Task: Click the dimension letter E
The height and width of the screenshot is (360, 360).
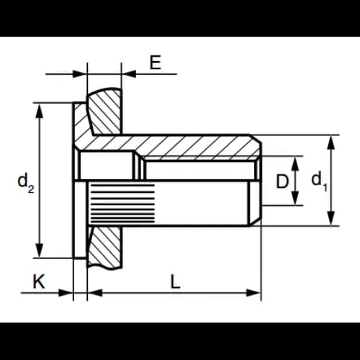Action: tap(156, 63)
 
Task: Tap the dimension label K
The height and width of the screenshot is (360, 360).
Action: tap(39, 282)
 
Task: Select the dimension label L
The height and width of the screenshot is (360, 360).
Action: tap(175, 282)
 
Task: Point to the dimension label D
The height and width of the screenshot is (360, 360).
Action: tap(282, 181)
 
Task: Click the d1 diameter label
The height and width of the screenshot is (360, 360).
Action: tap(320, 181)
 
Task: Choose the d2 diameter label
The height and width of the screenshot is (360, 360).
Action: tap(26, 183)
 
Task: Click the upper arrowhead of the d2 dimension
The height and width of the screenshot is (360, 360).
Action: tap(40, 111)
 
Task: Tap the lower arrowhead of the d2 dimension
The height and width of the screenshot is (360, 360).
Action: tap(40, 251)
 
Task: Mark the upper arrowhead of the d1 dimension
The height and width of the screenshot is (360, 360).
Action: tap(331, 143)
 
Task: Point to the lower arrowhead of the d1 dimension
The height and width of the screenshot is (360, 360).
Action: tap(331, 218)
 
